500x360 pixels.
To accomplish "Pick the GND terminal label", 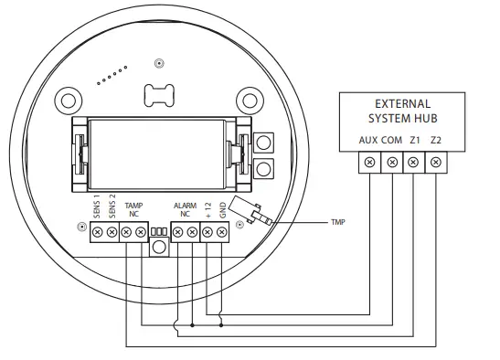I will (222, 212).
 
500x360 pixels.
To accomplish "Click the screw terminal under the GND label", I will (222, 234).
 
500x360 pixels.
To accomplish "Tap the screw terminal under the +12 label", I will (207, 234).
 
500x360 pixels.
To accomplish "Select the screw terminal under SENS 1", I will (98, 234).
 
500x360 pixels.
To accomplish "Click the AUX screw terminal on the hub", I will (370, 163).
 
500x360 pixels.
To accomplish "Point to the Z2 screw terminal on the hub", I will (436, 163).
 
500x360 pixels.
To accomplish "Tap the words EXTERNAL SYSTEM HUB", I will (399, 111).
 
